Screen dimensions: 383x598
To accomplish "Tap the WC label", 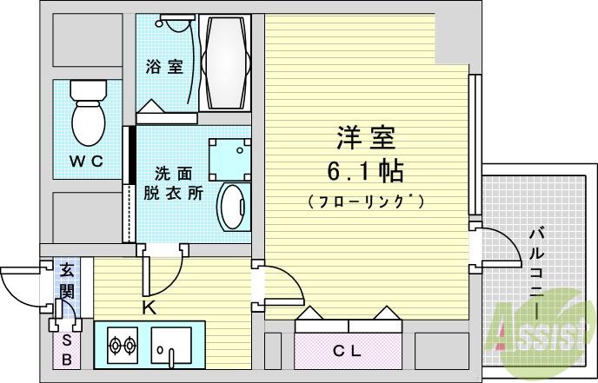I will pos(86,160).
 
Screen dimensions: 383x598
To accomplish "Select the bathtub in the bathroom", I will pos(225,62).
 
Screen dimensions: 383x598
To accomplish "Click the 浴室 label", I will pos(164,66).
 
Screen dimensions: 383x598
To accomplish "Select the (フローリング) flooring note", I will pos(366,201).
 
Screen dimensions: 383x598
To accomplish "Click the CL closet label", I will pos(347,352).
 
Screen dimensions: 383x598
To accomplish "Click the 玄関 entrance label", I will pos(67,280).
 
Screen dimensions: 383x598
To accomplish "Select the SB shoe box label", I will pos(67,347).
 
